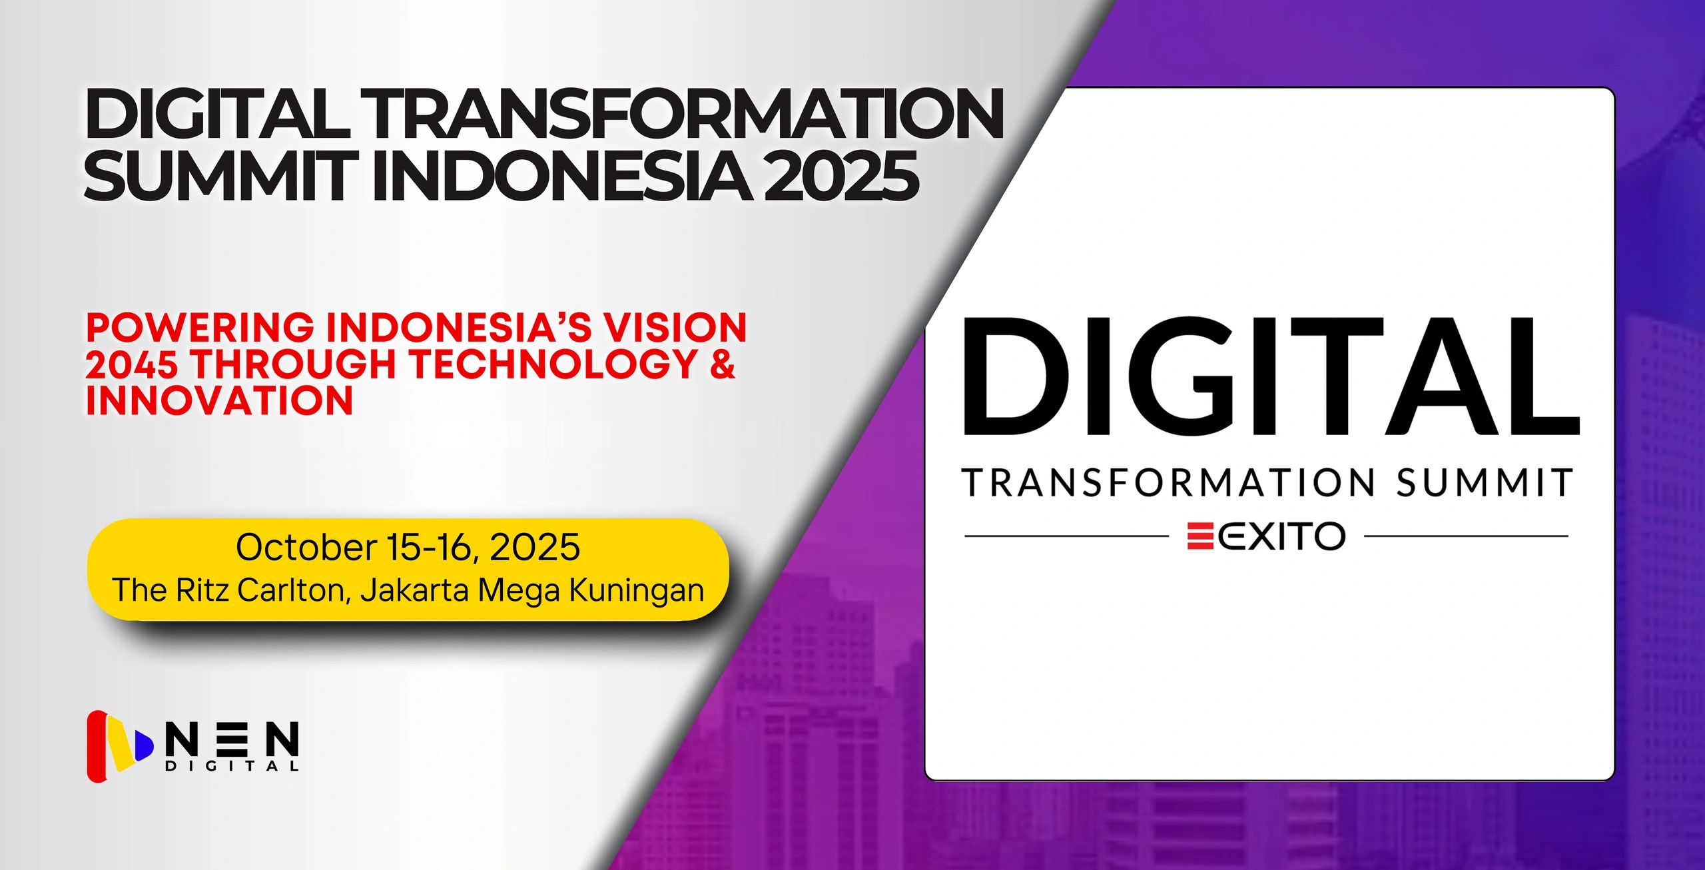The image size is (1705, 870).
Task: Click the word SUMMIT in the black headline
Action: [217, 175]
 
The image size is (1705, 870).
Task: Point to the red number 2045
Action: [132, 364]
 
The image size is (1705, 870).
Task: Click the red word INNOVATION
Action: [219, 400]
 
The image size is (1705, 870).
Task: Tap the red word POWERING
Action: [200, 328]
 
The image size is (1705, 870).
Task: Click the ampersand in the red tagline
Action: [723, 364]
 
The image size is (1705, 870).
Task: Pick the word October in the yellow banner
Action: [306, 548]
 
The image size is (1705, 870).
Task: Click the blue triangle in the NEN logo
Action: [144, 745]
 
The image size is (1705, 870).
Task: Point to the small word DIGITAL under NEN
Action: [232, 766]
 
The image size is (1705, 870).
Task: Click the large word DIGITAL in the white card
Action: [1271, 376]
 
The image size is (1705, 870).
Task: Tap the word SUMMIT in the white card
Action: [1485, 482]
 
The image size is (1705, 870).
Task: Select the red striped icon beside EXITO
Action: [1200, 536]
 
